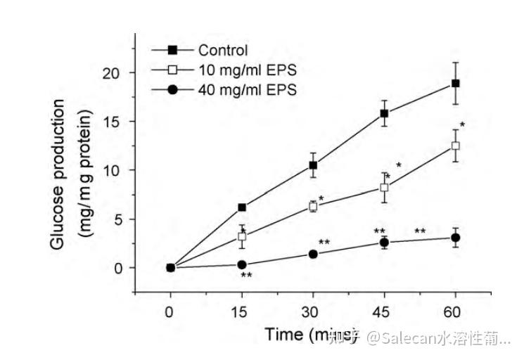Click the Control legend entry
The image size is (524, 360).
[x=223, y=50]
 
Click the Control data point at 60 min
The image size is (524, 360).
[x=455, y=83]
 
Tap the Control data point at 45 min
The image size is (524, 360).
[x=384, y=113]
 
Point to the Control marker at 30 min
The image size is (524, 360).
[x=313, y=165]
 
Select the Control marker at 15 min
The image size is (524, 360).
[x=242, y=207]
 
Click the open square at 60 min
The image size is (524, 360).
[x=455, y=146]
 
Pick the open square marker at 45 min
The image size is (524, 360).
[x=384, y=187]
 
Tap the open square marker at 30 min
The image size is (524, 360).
[x=313, y=207]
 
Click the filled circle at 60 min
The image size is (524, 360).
[x=455, y=238]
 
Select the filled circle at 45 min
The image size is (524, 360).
[x=384, y=243]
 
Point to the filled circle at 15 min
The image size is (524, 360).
[x=242, y=265]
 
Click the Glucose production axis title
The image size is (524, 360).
[x=68, y=175]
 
